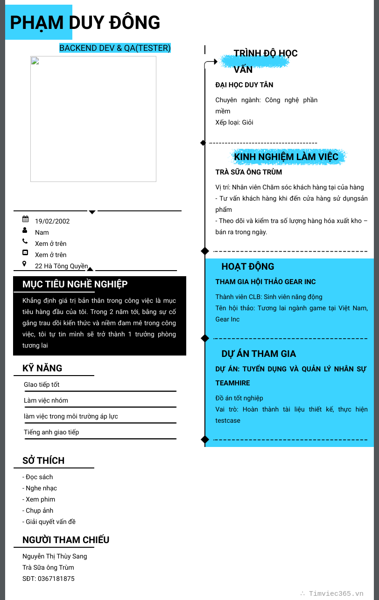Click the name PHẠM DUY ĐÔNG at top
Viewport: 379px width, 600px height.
[85, 22]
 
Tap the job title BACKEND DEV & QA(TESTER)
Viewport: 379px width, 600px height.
[115, 48]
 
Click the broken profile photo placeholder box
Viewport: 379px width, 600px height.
[93, 119]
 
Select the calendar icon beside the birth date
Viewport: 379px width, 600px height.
[25, 219]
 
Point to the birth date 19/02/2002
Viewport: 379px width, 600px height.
[52, 221]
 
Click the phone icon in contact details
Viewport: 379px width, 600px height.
[25, 241]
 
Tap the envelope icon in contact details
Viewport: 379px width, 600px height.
[25, 252]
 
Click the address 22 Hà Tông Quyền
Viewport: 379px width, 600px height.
[62, 266]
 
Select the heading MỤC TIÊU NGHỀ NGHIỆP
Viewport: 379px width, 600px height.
[75, 285]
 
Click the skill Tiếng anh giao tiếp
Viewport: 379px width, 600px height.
[51, 432]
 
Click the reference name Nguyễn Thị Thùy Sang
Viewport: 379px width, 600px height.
[55, 556]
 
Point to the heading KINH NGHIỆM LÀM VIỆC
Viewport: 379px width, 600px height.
[286, 157]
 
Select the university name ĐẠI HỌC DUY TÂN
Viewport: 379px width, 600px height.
[244, 85]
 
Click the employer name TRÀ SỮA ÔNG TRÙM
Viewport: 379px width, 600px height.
[249, 172]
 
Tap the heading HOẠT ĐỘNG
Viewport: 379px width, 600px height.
[248, 266]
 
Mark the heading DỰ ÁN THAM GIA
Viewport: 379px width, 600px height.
[259, 354]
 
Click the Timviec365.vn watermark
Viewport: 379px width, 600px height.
[336, 593]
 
